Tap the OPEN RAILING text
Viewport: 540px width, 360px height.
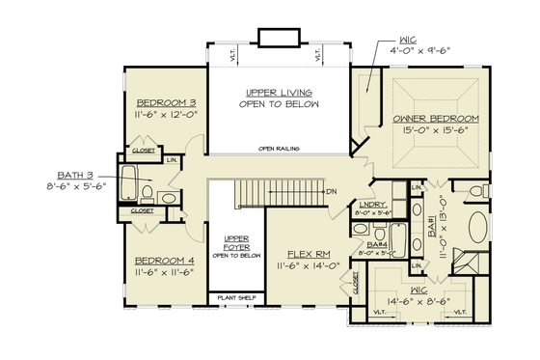tap(278, 149)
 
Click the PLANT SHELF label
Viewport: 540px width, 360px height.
tap(236, 297)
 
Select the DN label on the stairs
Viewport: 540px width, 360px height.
tap(331, 191)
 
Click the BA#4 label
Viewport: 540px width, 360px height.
tap(376, 245)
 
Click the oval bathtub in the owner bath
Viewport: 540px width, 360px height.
tap(479, 231)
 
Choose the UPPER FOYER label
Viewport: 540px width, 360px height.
tap(236, 241)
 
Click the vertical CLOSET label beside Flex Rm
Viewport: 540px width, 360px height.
tap(356, 282)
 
